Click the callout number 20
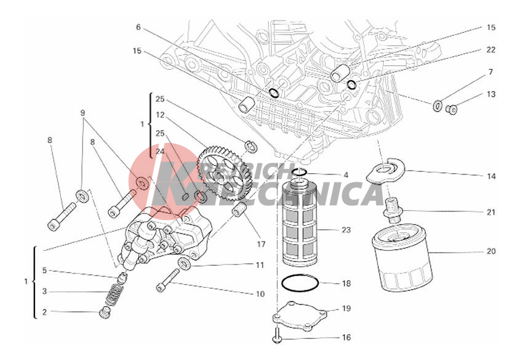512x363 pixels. [490, 251]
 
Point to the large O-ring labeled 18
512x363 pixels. [300, 284]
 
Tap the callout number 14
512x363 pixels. [490, 176]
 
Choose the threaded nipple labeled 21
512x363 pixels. [392, 210]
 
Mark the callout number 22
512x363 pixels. [490, 50]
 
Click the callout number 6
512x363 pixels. [138, 27]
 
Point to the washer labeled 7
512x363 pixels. [437, 105]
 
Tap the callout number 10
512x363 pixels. [260, 295]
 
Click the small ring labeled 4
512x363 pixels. [299, 172]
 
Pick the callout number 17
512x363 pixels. [261, 244]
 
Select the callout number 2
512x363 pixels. [44, 312]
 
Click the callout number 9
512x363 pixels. [82, 113]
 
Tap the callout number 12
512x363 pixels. [160, 115]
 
